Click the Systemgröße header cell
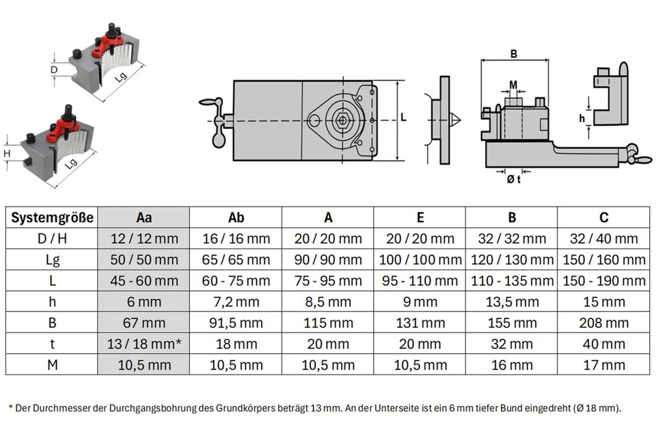(x=51, y=218)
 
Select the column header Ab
(x=236, y=218)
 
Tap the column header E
(x=420, y=218)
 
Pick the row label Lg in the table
(x=51, y=260)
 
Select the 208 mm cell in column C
(x=603, y=323)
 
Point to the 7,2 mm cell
(x=236, y=302)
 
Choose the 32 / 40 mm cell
(x=603, y=239)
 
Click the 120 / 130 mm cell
(x=512, y=260)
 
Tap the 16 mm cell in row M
(x=512, y=365)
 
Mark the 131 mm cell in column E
(x=420, y=323)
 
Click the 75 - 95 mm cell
(x=328, y=281)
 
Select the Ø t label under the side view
(x=513, y=179)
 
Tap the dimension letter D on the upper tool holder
(x=55, y=69)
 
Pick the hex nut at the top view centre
(x=341, y=120)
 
